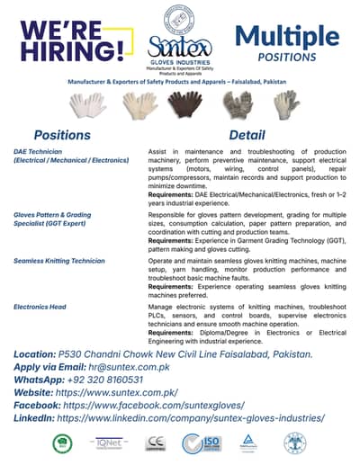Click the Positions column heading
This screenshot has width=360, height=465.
coord(62,135)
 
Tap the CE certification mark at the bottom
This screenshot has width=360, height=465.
coord(156,443)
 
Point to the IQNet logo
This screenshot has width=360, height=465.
coord(109,443)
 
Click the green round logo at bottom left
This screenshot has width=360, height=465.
coord(63,443)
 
